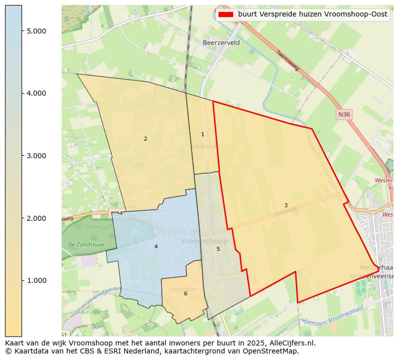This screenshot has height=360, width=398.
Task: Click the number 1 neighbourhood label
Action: pos(203,134)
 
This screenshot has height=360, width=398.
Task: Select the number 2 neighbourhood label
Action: pos(145,139)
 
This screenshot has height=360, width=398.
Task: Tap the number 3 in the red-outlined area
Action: pos(286,205)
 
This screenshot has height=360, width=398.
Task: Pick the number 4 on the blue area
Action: pos(156,246)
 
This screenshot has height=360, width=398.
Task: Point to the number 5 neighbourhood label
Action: pos(218,249)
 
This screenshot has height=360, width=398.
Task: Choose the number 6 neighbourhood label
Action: pos(185,293)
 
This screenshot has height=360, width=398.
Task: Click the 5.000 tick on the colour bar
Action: pos(36,31)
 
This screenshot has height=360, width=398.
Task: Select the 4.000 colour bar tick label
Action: pos(36,93)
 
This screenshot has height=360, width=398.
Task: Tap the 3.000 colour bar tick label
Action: pos(36,156)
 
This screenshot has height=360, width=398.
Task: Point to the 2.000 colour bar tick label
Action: pos(36,218)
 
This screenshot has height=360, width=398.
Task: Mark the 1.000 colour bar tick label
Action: pos(36,280)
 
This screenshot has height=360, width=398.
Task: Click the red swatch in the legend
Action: pos(226,15)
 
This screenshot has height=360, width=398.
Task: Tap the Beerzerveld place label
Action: pos(221,43)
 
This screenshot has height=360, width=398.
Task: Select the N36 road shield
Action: pos(344,115)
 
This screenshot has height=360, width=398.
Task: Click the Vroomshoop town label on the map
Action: pos(204,241)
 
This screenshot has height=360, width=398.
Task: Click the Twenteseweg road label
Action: pos(287,61)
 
